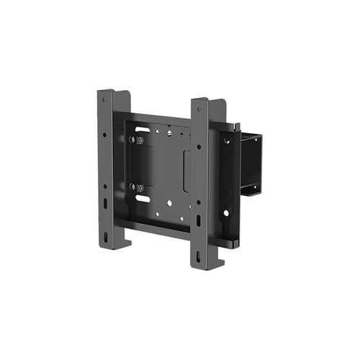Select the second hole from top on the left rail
click(105, 135)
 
